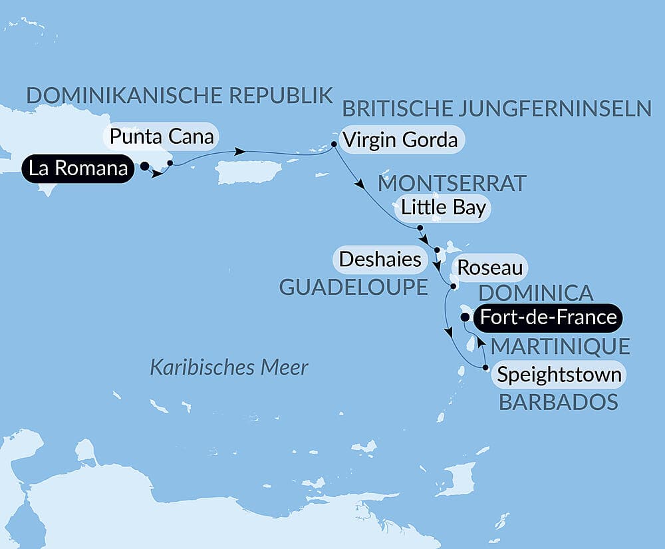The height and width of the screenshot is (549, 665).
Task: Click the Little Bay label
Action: coord(443,208)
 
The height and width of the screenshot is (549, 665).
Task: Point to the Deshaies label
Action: coord(380,259)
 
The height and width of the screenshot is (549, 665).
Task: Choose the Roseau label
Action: coord(489,269)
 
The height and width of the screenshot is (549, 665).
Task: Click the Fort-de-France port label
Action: coord(548,317)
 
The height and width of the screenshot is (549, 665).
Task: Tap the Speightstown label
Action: coord(559,375)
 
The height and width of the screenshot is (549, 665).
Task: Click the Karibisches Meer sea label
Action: coord(229,367)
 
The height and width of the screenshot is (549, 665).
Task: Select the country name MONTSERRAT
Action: coord(452,182)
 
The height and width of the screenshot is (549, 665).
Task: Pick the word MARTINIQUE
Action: coord(560,346)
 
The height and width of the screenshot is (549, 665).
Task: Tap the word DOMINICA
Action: coord(536,292)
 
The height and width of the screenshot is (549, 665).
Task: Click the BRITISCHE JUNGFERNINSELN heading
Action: coord(497,108)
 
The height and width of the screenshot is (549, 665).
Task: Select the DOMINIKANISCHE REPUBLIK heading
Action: coord(179,95)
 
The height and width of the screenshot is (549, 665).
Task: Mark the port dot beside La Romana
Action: coord(144,168)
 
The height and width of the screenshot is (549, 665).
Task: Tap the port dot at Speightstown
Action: coord(485,367)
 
